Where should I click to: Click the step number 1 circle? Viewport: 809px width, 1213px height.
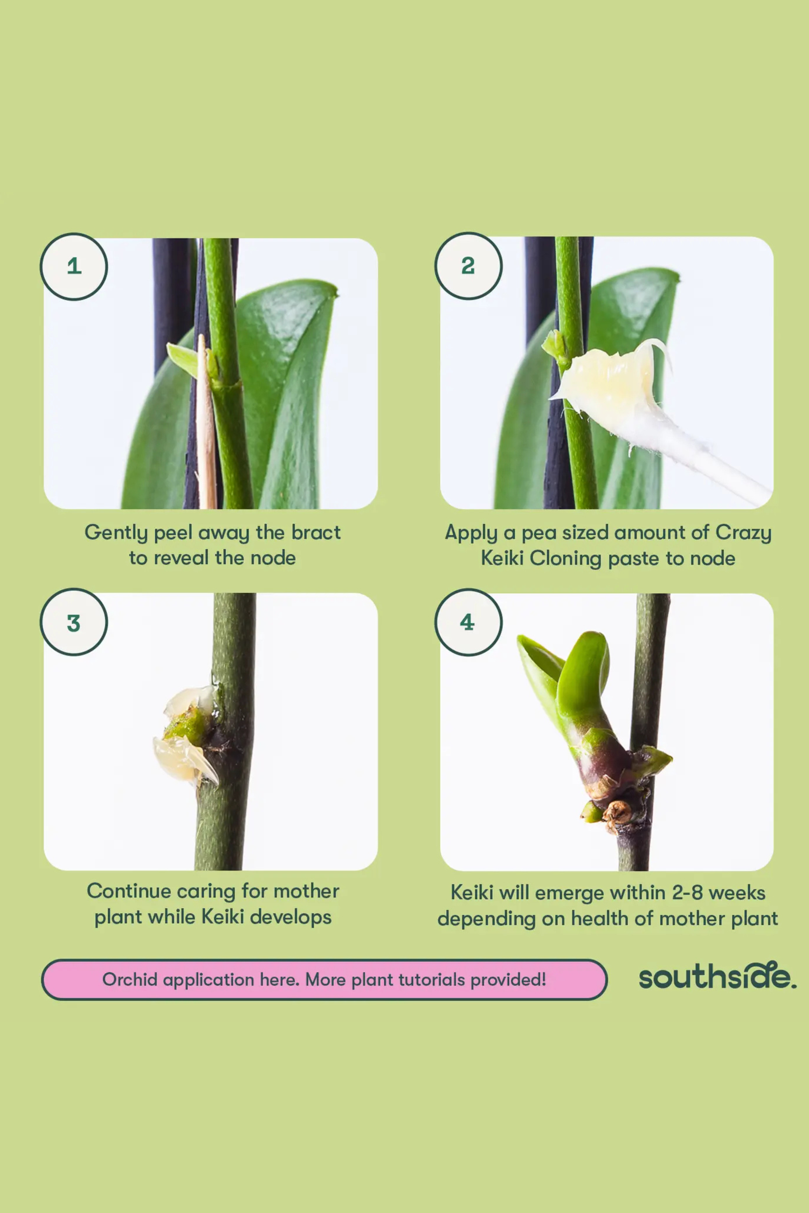pyautogui.click(x=74, y=266)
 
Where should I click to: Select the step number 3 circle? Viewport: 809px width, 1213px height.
pyautogui.click(x=74, y=622)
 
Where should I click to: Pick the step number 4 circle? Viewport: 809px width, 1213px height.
pyautogui.click(x=468, y=622)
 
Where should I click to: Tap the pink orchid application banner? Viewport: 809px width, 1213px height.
pyautogui.click(x=324, y=979)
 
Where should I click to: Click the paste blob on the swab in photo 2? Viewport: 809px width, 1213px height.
pyautogui.click(x=609, y=378)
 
